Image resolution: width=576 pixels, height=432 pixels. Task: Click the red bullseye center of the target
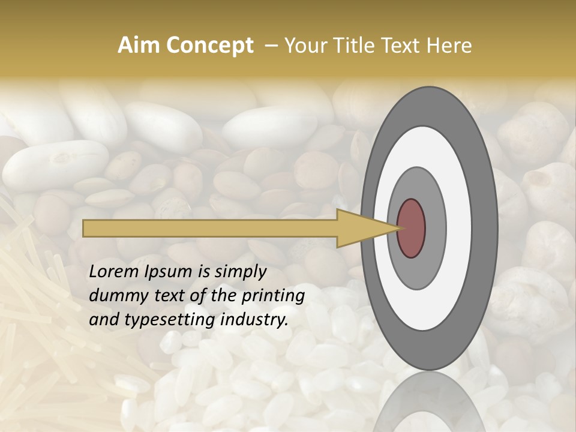(412, 228)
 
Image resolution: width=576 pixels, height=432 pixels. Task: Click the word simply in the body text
(240, 272)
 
